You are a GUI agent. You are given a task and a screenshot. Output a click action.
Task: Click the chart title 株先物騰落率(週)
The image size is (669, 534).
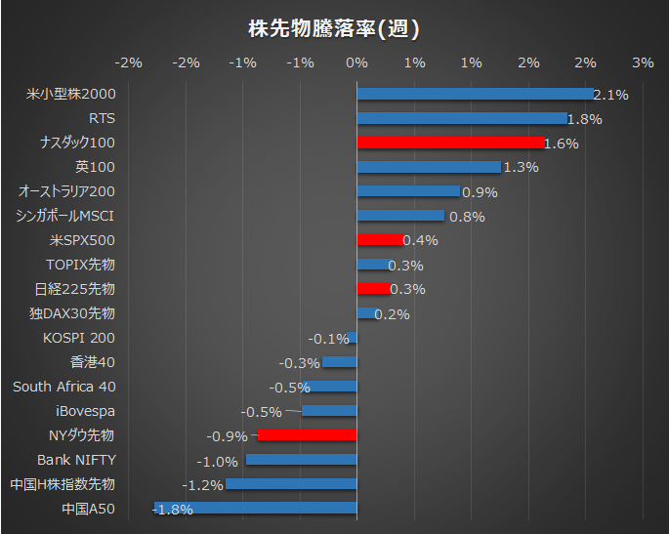[x=334, y=29]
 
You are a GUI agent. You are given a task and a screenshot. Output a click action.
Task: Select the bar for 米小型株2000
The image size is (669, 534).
[x=475, y=94]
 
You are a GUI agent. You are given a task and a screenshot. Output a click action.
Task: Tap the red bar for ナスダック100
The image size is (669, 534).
[x=450, y=143]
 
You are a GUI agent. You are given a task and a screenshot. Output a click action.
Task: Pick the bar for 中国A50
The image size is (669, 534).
[x=256, y=508]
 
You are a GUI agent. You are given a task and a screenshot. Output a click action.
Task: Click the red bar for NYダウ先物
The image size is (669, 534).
[x=307, y=435]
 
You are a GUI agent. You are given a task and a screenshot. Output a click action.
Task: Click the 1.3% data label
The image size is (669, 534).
[x=521, y=168]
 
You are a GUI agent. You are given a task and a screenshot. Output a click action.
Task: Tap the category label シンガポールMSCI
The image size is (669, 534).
[x=65, y=216]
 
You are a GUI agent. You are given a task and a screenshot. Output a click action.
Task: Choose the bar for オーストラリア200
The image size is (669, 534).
[x=407, y=191]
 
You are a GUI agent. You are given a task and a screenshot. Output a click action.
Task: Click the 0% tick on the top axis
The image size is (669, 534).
[x=356, y=62]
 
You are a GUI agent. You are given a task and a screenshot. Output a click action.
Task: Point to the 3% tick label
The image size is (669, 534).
[x=643, y=62]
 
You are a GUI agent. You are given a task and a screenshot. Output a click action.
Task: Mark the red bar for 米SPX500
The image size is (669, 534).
[x=379, y=240]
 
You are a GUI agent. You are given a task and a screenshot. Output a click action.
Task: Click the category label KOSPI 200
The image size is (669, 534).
[x=78, y=338]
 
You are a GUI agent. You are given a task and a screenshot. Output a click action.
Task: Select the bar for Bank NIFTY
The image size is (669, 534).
[x=301, y=460]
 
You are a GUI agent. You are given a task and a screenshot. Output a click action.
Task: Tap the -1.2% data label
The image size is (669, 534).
[x=202, y=485]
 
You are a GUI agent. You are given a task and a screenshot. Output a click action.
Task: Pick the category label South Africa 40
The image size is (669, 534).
[x=63, y=387]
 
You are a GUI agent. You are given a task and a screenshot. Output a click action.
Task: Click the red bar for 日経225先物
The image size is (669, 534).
[x=373, y=289]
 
